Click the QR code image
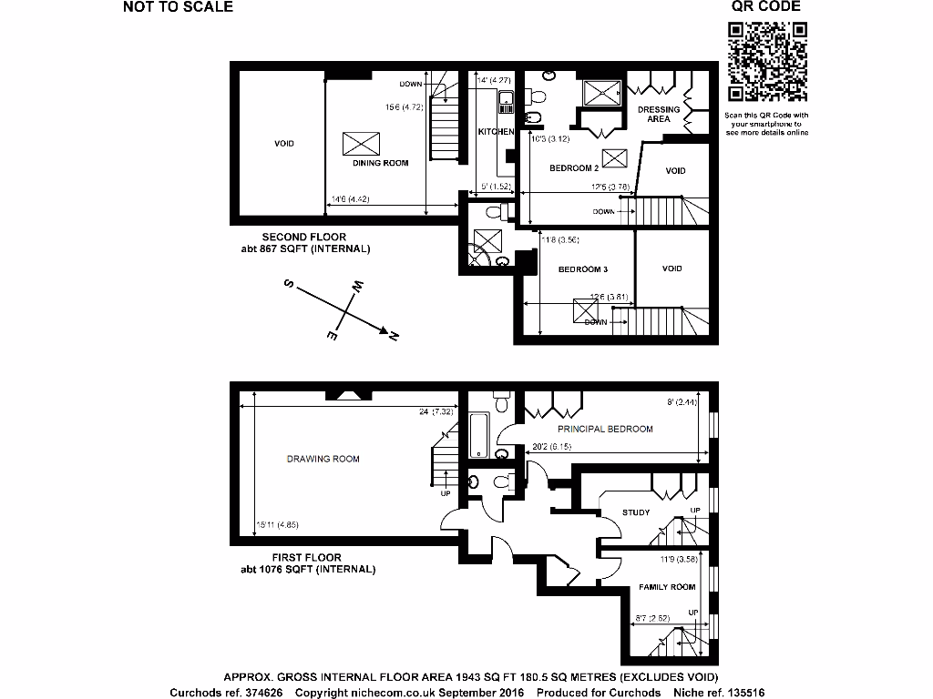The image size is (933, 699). pos(766,62)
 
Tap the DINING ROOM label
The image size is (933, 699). pos(381,163)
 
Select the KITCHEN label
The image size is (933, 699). pos(496,132)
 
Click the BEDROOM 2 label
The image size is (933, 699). pos(573,168)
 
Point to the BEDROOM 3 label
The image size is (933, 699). pos(582,269)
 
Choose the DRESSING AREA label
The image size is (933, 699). pos(658,114)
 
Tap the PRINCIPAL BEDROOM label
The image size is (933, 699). pos(605,429)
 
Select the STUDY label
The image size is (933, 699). pos(636,512)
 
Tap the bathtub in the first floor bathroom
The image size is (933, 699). pos(478,435)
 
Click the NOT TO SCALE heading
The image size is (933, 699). pos(178,7)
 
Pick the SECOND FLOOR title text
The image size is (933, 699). pos(303,237)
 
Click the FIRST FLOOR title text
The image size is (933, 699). pos(306,558)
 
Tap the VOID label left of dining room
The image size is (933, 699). pos(284,144)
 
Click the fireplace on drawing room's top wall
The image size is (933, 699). pos(347,394)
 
